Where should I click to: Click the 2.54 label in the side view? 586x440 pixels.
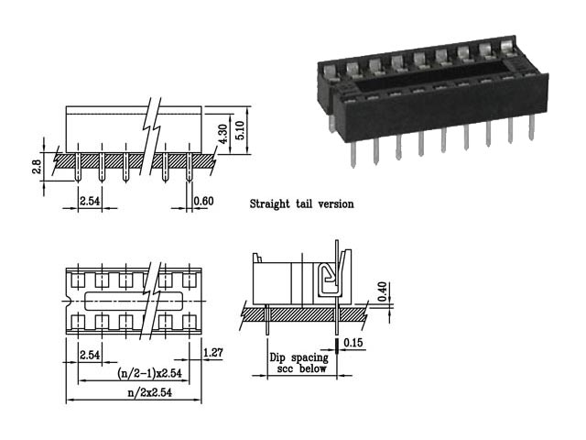[x=90, y=201]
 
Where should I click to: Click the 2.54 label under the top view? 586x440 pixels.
[x=90, y=354]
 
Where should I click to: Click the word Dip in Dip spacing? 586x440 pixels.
[x=278, y=358]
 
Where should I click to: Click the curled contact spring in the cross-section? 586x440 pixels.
[x=327, y=277]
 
